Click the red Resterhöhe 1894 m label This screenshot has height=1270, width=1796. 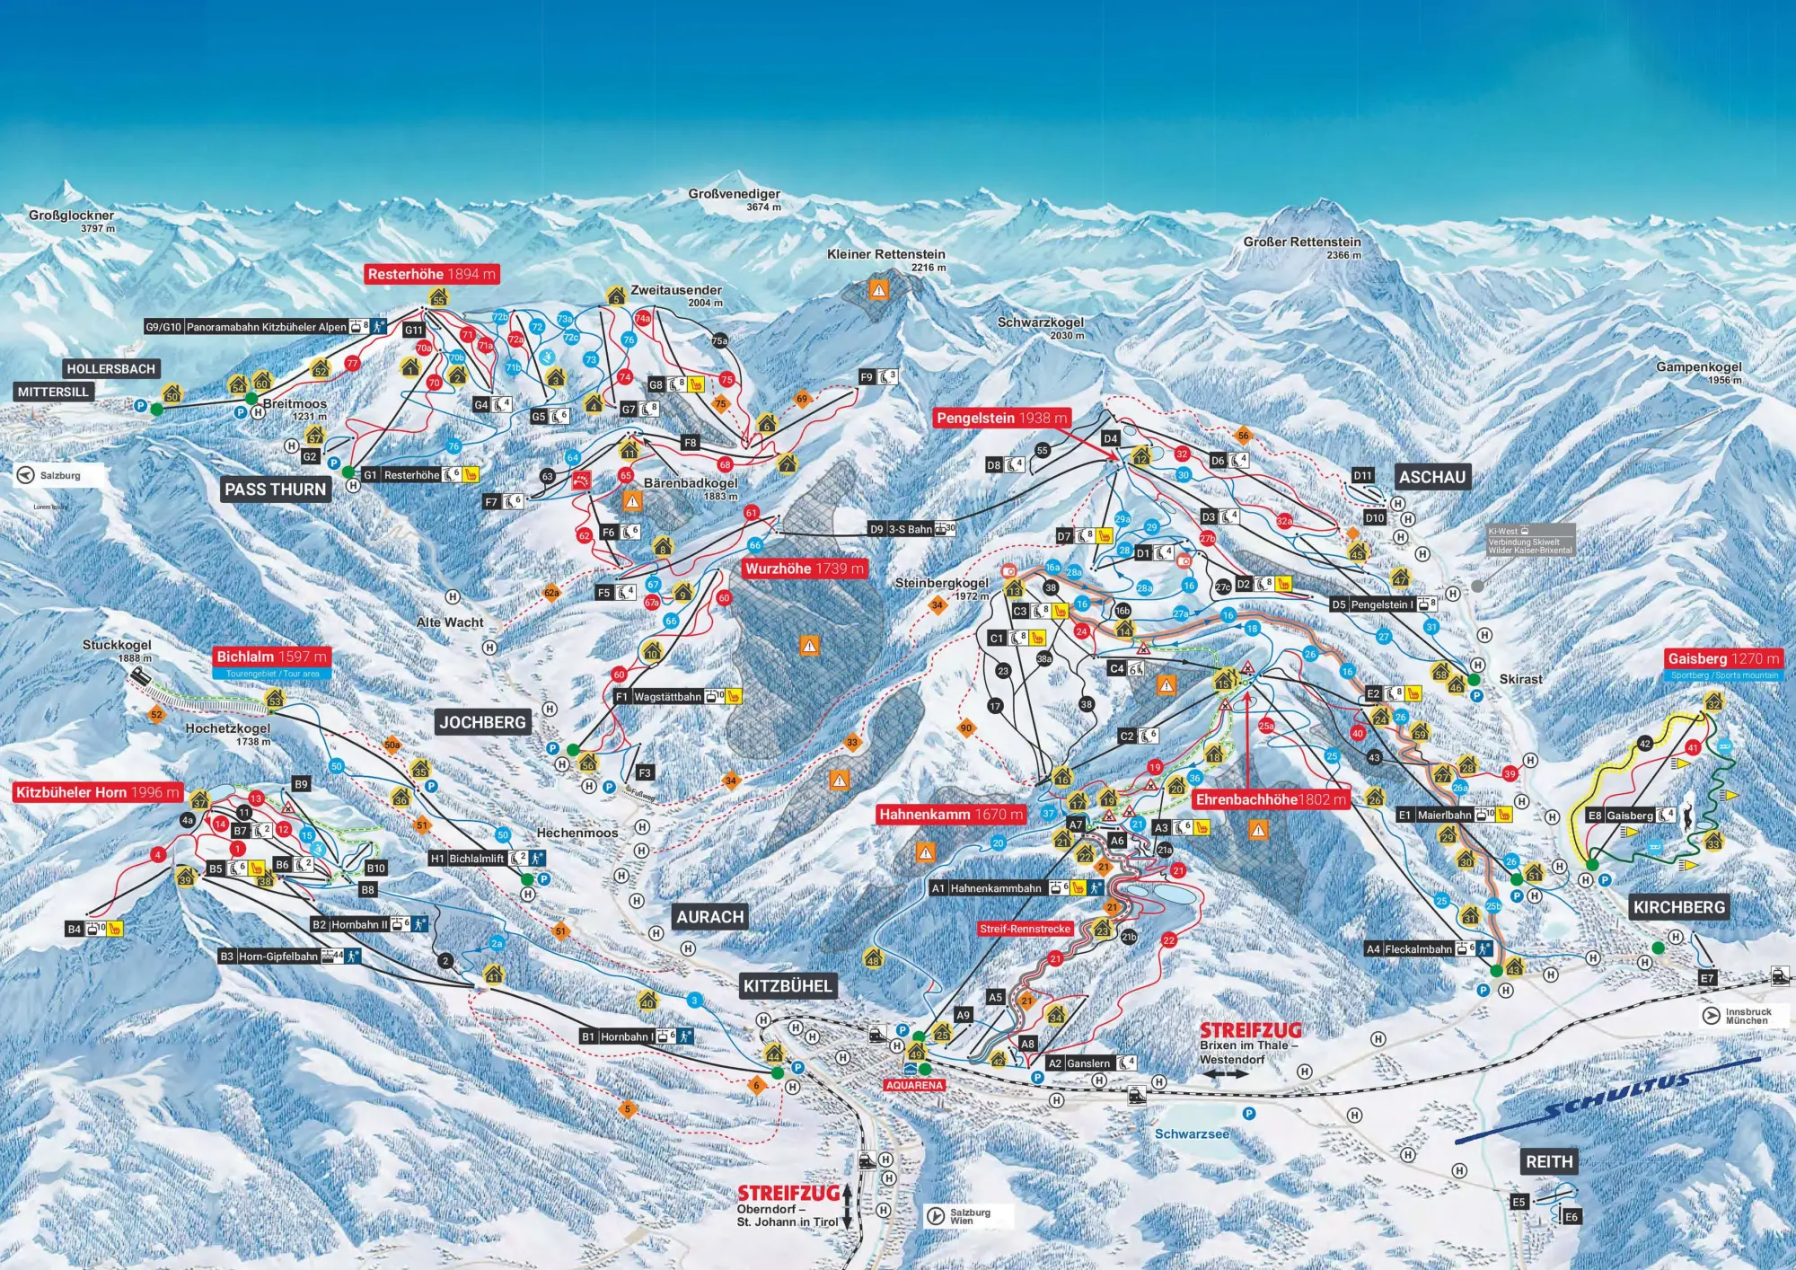click(431, 274)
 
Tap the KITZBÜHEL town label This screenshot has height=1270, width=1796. click(788, 985)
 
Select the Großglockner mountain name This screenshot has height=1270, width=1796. click(71, 216)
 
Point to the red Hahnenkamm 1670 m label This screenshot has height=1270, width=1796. click(951, 815)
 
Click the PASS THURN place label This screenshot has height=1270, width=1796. click(275, 489)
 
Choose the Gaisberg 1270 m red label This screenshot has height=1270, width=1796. click(1723, 658)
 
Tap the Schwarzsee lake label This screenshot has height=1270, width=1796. click(1192, 1134)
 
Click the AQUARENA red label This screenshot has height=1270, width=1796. click(914, 1085)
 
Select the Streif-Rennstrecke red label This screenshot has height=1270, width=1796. click(1025, 929)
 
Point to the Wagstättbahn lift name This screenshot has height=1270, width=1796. click(667, 697)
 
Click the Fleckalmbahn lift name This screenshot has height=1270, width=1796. click(1418, 948)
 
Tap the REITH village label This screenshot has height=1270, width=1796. click(1549, 1161)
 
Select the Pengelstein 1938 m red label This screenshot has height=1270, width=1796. click(1001, 418)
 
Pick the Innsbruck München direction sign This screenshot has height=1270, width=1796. click(1746, 1016)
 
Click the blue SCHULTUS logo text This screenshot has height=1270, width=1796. click(1616, 1098)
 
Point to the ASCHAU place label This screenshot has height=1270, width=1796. click(1431, 477)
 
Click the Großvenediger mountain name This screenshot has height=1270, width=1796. click(734, 194)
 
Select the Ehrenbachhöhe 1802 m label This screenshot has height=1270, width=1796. click(1271, 799)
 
